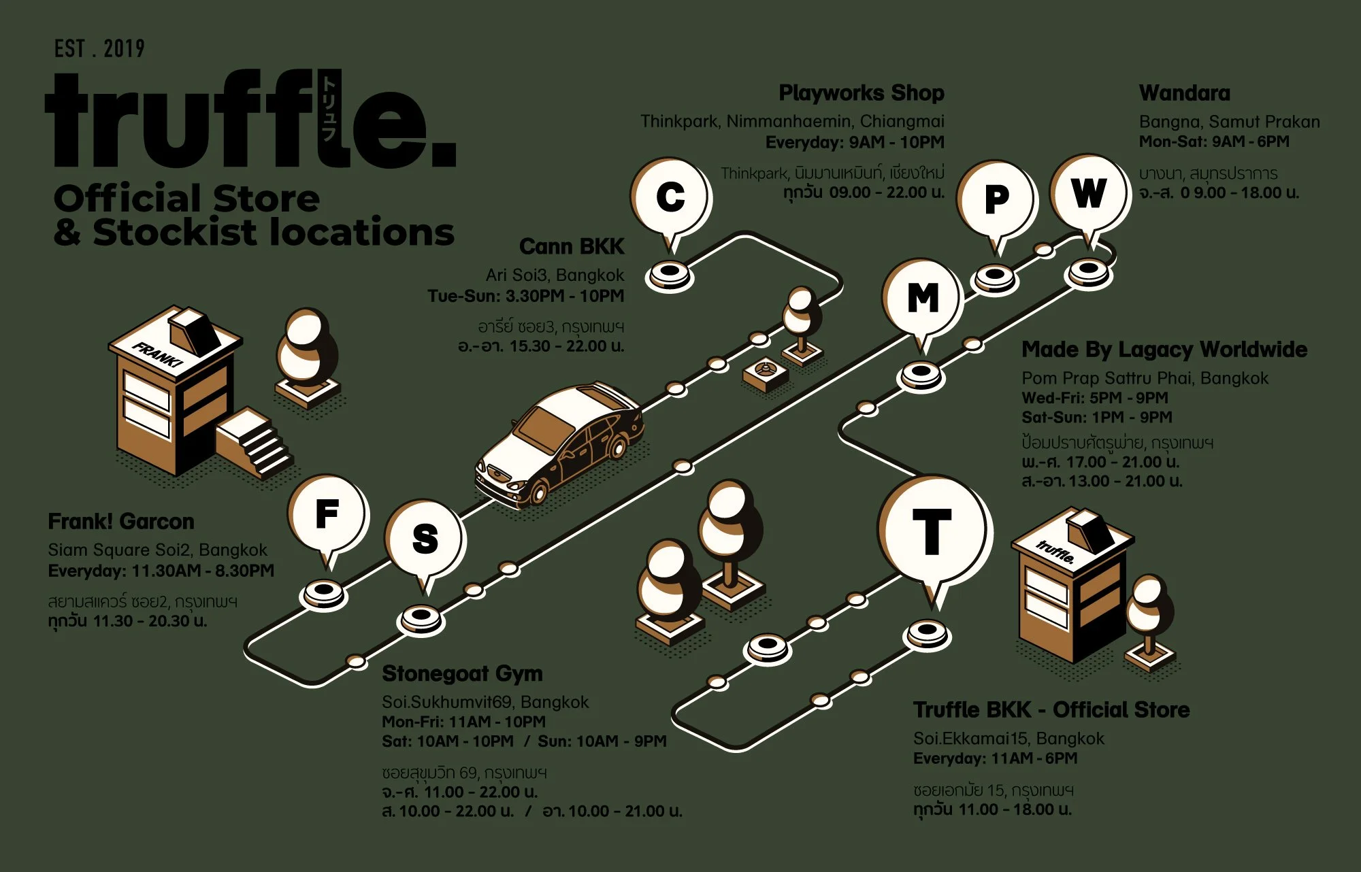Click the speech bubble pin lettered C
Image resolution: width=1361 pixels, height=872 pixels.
tap(670, 197)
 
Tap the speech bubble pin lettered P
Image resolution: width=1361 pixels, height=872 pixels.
tap(996, 199)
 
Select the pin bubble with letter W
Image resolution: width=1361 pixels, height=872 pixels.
tap(1089, 192)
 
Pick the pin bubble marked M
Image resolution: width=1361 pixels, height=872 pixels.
tap(922, 297)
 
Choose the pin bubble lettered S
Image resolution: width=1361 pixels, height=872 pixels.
tap(425, 538)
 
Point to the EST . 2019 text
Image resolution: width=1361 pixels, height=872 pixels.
tap(99, 49)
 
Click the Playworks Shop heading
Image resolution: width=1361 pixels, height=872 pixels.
tap(861, 93)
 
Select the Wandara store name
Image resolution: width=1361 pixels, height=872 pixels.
tap(1184, 93)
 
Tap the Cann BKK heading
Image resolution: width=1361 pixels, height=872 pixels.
tap(571, 246)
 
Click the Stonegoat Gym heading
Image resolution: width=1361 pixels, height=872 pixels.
tap(462, 673)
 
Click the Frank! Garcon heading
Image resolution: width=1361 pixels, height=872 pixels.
tap(120, 522)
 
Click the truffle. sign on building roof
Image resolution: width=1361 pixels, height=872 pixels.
tap(1055, 552)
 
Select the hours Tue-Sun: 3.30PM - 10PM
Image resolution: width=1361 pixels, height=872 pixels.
tap(525, 296)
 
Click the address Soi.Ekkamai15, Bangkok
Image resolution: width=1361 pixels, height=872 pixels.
tap(1009, 738)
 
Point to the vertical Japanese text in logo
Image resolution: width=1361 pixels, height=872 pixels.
tap(329, 109)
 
